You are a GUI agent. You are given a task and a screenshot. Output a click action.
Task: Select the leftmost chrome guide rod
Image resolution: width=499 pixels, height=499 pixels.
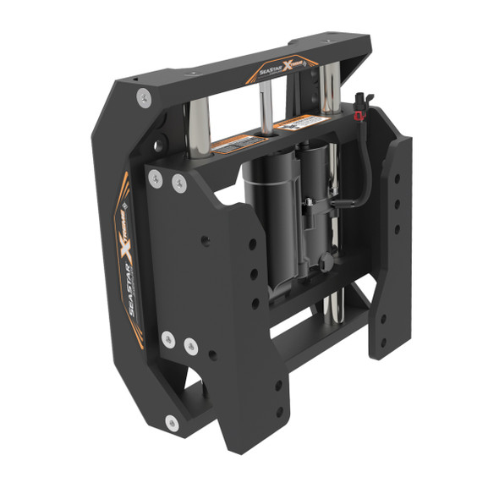(200, 127)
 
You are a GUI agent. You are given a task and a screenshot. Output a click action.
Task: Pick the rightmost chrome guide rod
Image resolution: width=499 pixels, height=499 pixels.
(329, 89)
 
